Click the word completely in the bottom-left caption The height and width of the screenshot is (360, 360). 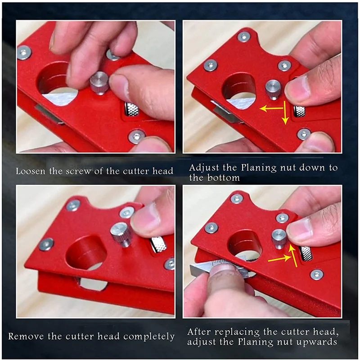pos(149,336)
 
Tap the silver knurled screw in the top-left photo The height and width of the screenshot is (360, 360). pos(99,83)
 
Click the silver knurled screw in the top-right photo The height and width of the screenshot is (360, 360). pos(273,89)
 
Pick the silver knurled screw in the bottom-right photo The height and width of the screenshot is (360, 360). pos(279,238)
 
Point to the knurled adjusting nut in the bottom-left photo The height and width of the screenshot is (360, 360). pos(158,244)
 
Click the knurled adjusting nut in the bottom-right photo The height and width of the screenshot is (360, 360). pos(306,253)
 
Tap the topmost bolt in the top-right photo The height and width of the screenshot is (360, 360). pos(243,36)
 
